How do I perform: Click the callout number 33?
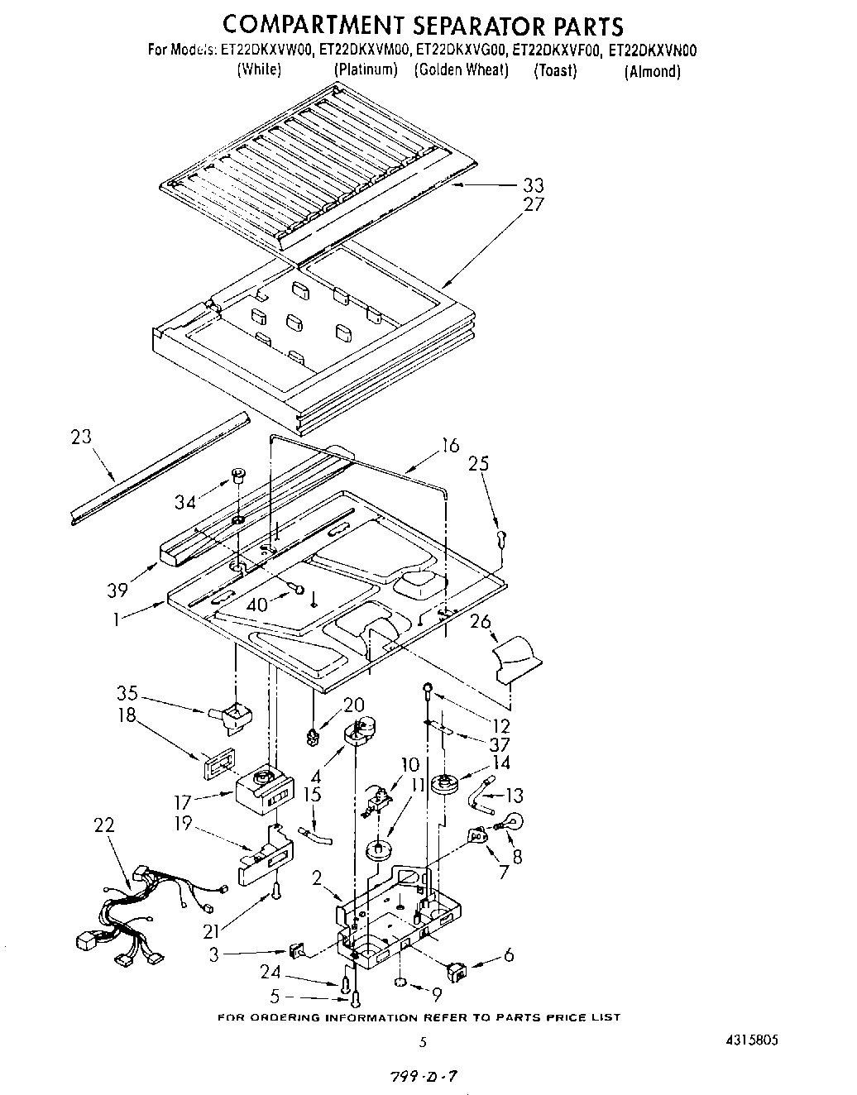click(534, 185)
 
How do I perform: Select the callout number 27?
click(534, 204)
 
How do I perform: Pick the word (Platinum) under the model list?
click(366, 69)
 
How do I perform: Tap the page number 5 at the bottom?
click(423, 1042)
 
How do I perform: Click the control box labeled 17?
click(262, 788)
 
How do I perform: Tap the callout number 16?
click(449, 446)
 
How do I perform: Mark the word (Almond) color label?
click(653, 71)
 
